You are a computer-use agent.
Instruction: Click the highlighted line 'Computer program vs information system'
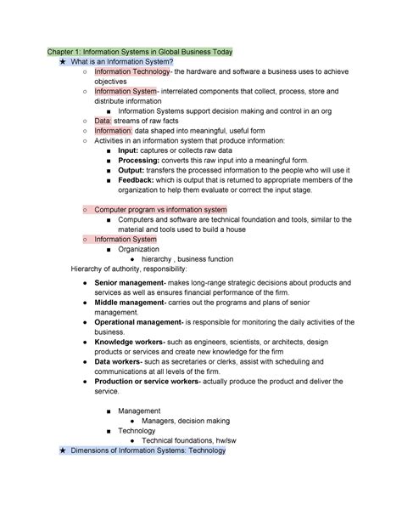(x=161, y=209)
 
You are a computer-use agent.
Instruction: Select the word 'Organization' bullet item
(x=138, y=249)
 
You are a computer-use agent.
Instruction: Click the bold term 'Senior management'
(x=129, y=282)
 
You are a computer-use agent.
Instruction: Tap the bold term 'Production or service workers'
(x=147, y=382)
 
